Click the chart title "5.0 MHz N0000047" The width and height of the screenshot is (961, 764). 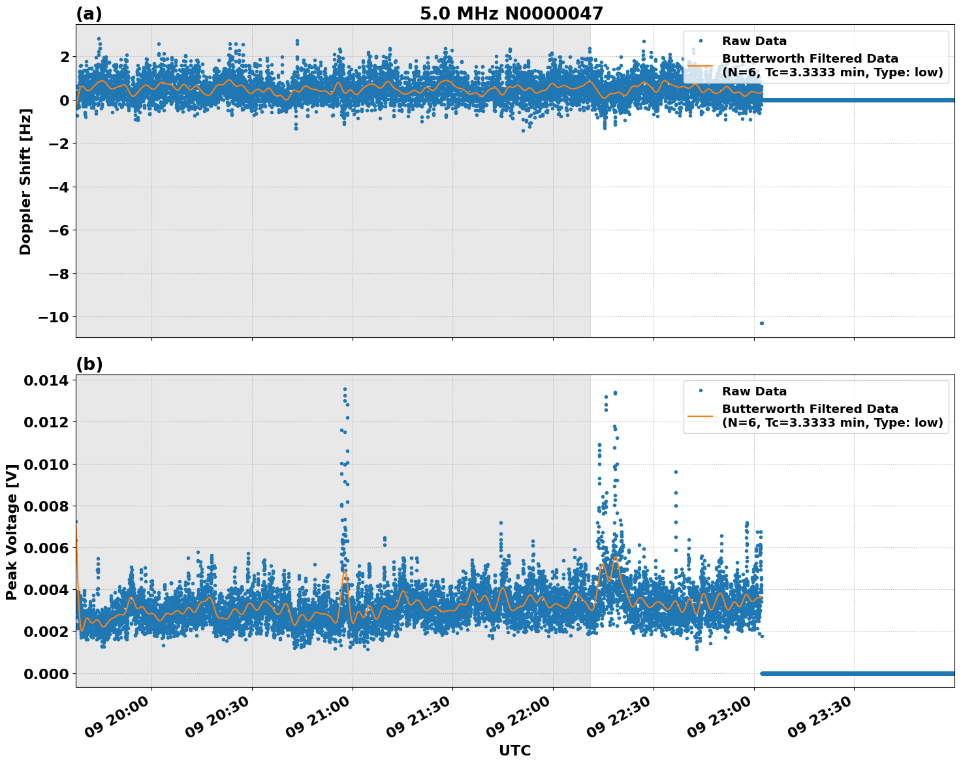coord(511,14)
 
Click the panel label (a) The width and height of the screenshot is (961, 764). coord(89,14)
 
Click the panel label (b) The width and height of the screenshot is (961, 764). coord(89,364)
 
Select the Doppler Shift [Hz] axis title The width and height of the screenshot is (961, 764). coord(25,181)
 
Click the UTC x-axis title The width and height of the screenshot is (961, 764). coord(514,750)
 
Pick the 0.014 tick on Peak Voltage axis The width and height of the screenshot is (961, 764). coord(46,381)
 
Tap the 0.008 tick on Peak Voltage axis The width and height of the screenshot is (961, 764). coord(46,506)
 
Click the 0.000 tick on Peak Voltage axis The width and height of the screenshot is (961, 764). coord(46,673)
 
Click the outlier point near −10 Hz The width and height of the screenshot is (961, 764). coord(761,323)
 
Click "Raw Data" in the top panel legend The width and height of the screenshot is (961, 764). coord(754,41)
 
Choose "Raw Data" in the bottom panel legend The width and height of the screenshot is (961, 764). coord(754,391)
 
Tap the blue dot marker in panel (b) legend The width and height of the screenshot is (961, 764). coord(701,390)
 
